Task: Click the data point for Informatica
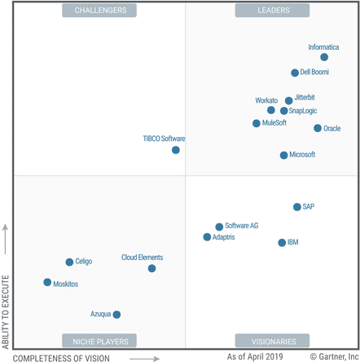(324, 57)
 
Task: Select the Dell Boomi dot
(295, 73)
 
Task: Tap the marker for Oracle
(318, 128)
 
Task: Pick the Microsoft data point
(283, 155)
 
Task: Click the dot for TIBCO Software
(176, 150)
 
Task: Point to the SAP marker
(297, 207)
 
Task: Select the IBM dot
(282, 243)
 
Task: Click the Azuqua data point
(116, 314)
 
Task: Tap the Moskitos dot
(47, 283)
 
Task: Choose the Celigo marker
(69, 262)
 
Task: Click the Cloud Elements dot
(151, 268)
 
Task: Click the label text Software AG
(242, 226)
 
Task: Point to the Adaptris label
(223, 237)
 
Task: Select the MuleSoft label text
(274, 123)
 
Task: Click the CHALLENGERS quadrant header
(99, 11)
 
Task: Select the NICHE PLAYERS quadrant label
(99, 341)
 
